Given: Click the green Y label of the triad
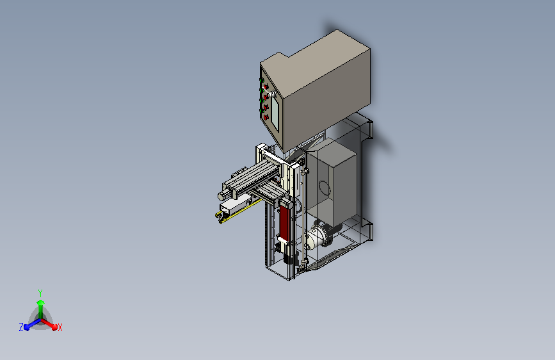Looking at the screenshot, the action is pyautogui.click(x=40, y=293).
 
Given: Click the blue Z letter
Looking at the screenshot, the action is pyautogui.click(x=21, y=327).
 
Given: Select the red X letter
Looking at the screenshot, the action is pyautogui.click(x=60, y=328).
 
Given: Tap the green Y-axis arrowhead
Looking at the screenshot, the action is pyautogui.click(x=41, y=302).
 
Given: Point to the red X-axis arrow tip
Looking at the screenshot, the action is pyautogui.click(x=54, y=327).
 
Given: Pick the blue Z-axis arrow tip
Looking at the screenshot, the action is pyautogui.click(x=27, y=327).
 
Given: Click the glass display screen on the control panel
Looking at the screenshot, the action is pyautogui.click(x=275, y=113).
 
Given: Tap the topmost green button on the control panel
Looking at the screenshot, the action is pyautogui.click(x=261, y=80).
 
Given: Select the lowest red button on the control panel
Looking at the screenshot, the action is pyautogui.click(x=266, y=117).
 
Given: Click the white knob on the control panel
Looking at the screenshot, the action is pyautogui.click(x=273, y=95).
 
